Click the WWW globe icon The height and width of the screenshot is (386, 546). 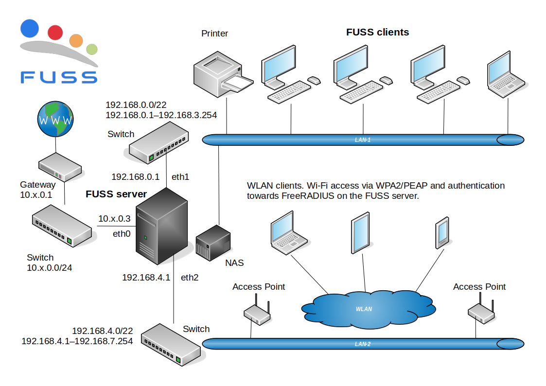tap(55, 119)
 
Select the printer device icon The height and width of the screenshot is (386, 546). tap(223, 74)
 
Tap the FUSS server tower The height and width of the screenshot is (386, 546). tap(161, 226)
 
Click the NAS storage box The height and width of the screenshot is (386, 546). tap(213, 243)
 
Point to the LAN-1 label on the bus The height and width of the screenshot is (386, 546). tap(363, 140)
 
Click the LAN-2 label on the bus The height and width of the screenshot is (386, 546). tap(363, 344)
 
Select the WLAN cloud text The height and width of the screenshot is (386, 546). tap(364, 309)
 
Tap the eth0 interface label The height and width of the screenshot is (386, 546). tap(122, 234)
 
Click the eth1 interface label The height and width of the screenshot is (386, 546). tap(180, 177)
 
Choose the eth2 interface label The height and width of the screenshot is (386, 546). tap(190, 278)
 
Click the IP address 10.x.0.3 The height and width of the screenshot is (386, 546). tap(114, 219)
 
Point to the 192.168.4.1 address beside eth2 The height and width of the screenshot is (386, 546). tap(146, 278)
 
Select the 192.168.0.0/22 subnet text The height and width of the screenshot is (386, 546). tap(136, 105)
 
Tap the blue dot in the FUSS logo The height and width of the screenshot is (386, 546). tap(30, 28)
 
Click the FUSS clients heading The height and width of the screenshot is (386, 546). tap(377, 32)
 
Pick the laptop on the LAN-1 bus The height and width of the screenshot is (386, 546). tap(506, 74)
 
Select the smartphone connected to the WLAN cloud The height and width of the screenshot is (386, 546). tap(442, 232)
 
